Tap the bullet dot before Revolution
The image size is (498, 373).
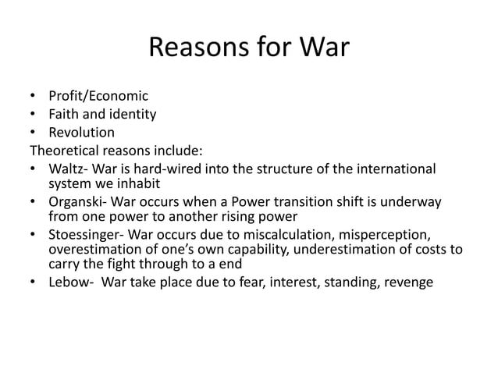click(32, 132)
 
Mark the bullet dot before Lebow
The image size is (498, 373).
click(32, 282)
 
